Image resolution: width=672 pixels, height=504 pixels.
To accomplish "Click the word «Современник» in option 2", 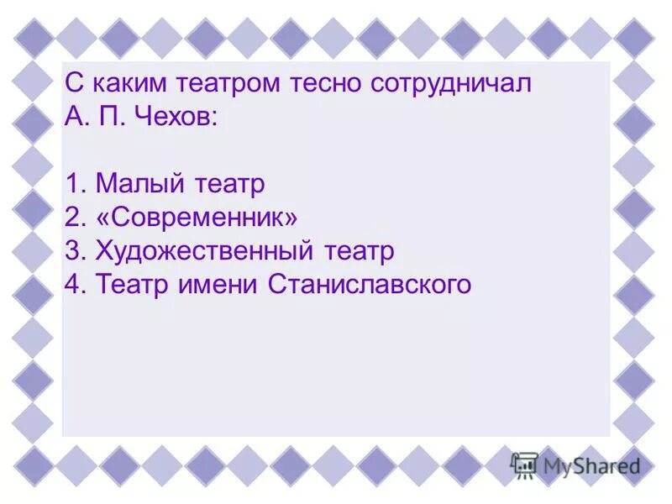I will point(197,218).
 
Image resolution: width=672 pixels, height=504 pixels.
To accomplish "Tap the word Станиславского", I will point(370,286).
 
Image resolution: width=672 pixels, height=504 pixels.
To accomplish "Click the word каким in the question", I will point(126,85).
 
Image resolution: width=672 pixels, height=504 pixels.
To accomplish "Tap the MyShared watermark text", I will point(591,465).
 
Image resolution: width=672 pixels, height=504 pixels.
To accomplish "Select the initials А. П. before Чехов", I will point(94,118).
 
